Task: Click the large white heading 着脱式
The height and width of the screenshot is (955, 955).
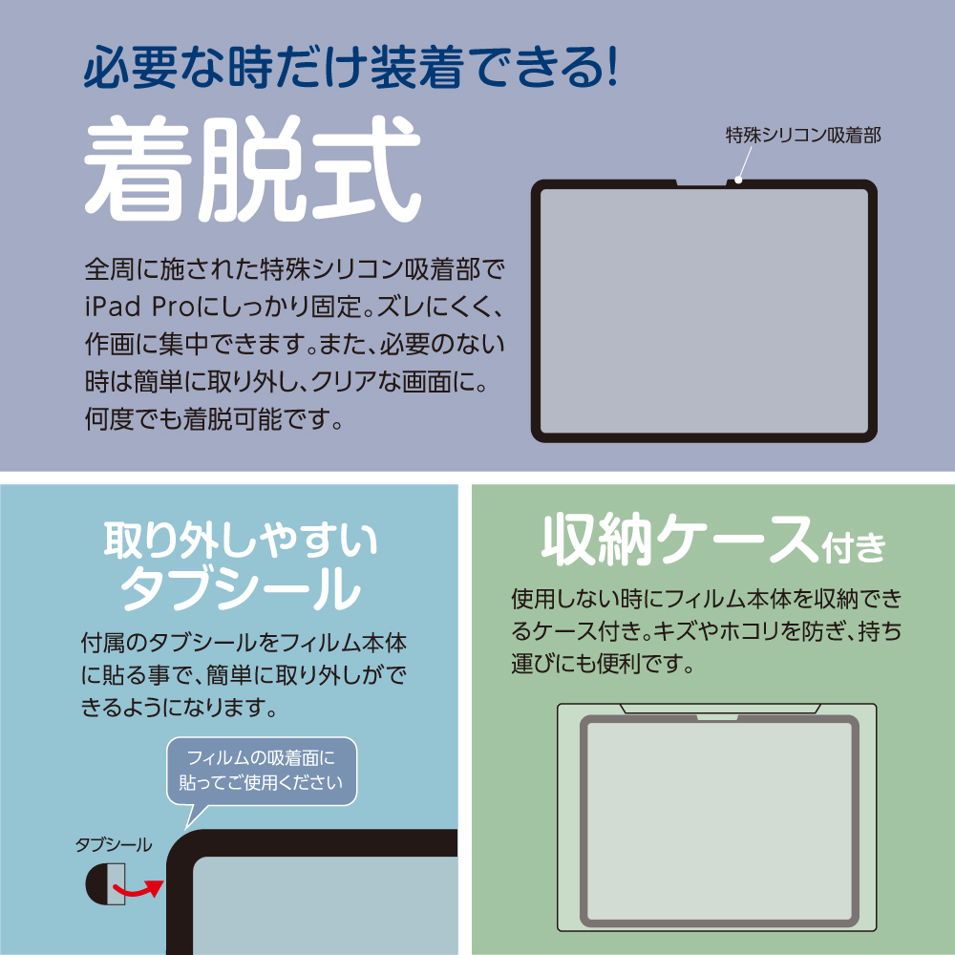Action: (252, 169)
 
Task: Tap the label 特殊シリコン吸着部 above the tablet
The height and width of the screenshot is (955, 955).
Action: (803, 135)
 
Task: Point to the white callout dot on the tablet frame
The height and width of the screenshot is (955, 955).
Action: (737, 180)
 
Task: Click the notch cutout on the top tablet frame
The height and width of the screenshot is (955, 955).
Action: (702, 182)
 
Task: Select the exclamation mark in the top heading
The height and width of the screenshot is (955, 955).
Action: (612, 67)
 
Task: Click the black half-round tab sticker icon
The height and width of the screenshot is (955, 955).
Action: (105, 883)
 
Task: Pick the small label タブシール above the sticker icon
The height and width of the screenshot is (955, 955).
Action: (114, 845)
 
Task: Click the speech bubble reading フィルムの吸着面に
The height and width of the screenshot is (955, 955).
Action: (262, 771)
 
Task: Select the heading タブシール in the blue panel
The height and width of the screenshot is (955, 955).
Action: (241, 587)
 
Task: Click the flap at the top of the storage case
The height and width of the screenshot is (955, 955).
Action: (720, 709)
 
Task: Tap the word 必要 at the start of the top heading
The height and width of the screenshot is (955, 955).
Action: (126, 67)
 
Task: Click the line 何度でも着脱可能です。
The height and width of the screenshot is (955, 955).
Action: (213, 419)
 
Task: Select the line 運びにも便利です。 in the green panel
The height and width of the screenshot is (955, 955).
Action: (603, 663)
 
